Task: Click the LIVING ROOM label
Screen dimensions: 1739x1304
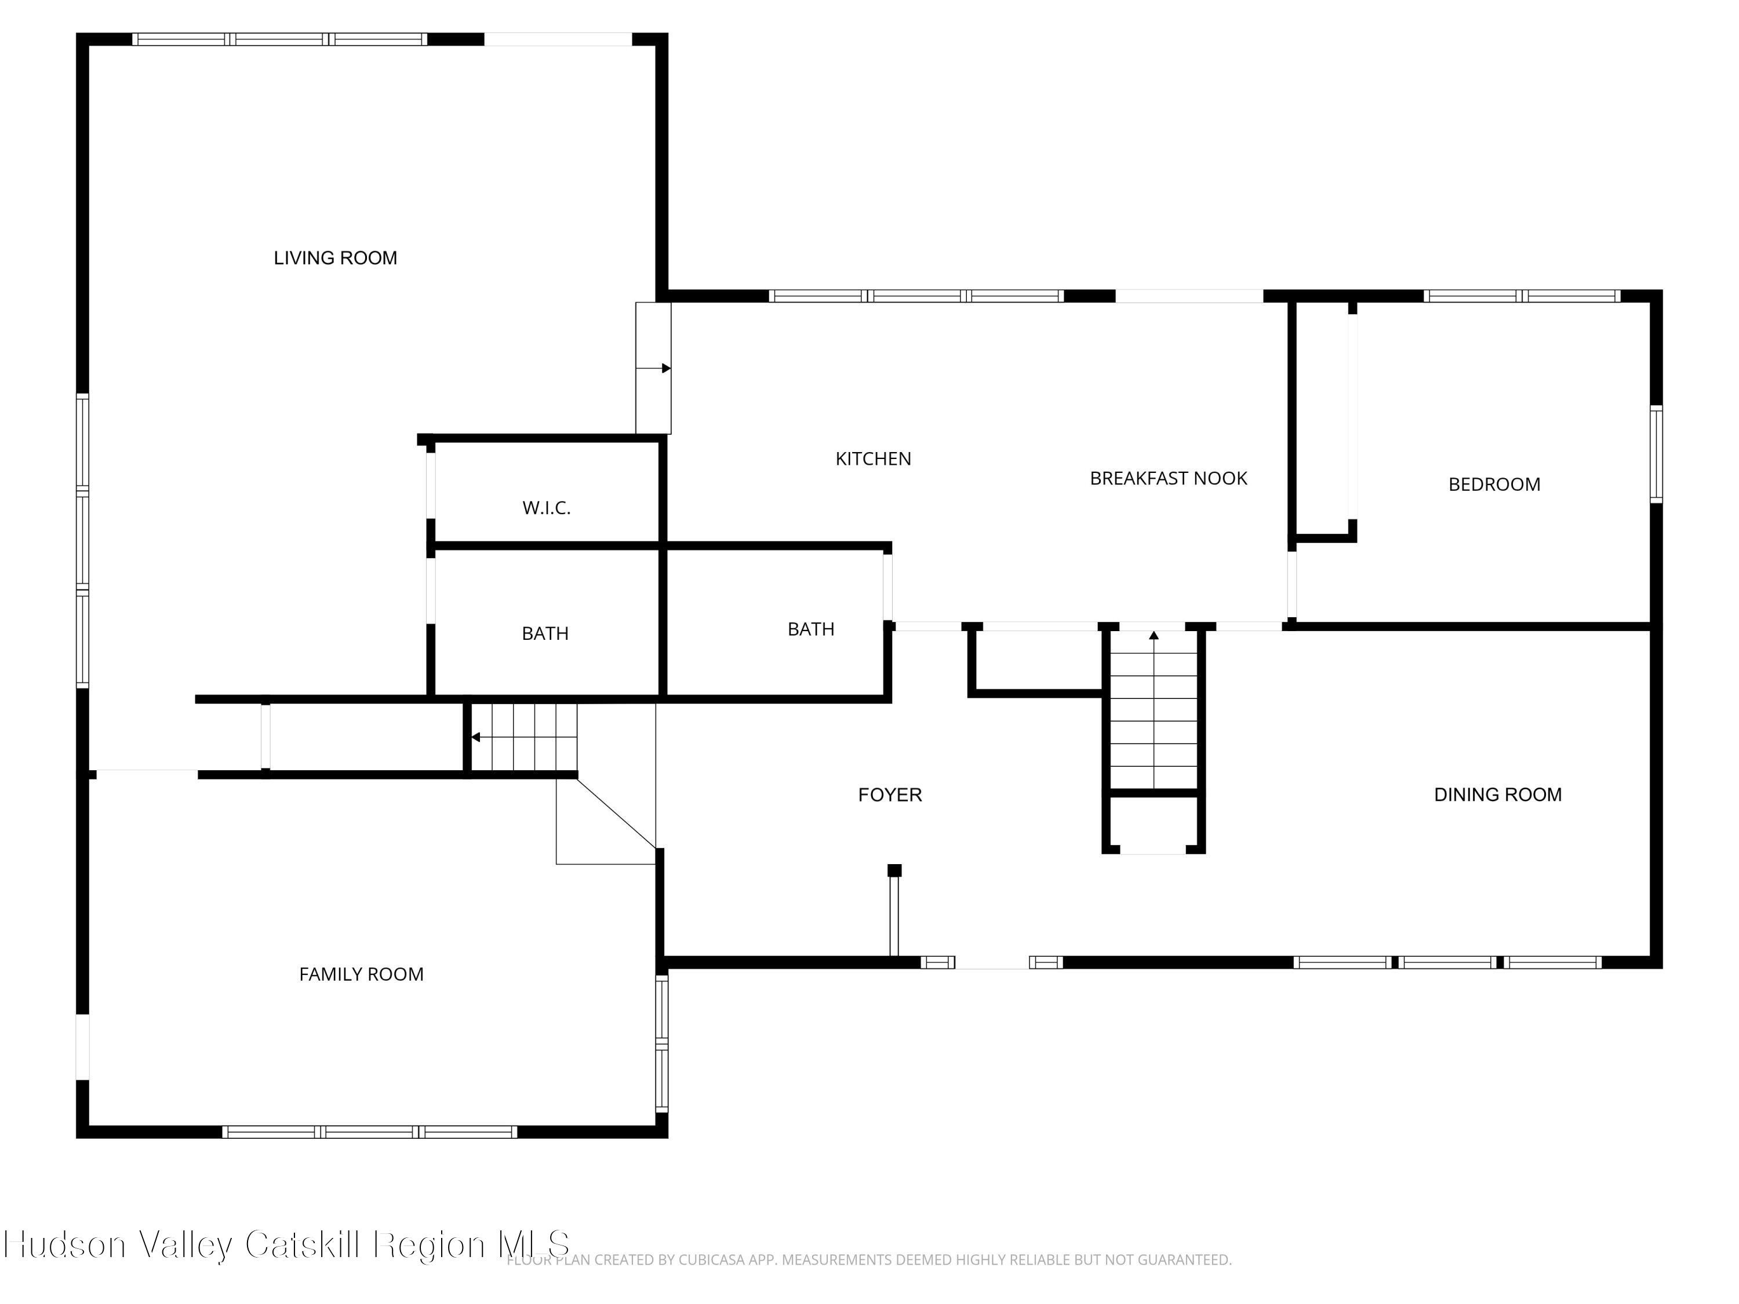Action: (x=335, y=258)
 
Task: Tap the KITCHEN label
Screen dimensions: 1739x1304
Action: (x=874, y=459)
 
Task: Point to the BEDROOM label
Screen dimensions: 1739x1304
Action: (x=1494, y=484)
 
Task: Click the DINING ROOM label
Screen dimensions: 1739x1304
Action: (x=1498, y=795)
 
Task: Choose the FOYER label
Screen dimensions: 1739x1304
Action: (x=890, y=795)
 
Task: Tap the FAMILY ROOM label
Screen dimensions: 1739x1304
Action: (x=362, y=975)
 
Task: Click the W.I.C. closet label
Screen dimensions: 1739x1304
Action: (x=547, y=508)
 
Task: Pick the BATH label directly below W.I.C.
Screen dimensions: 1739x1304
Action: (x=545, y=633)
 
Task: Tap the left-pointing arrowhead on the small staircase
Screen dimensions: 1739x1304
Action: (x=475, y=737)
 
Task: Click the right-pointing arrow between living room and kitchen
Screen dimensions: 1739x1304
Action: (x=653, y=368)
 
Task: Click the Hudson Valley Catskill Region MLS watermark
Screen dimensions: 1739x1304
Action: (x=286, y=1244)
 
